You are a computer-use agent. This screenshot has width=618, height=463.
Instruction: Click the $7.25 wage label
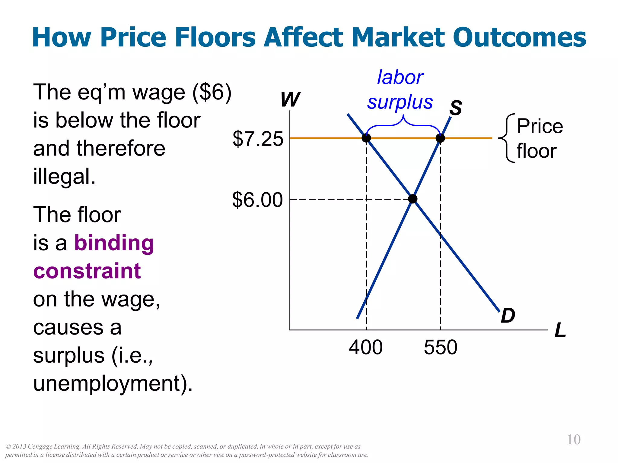pos(258,139)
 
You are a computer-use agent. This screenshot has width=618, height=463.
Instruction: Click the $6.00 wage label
pos(257,200)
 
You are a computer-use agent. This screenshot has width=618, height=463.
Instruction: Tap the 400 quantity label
pos(366,347)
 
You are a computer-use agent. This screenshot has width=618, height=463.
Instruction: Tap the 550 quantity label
pos(441,347)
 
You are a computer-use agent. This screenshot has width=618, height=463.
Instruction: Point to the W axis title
pos(290,99)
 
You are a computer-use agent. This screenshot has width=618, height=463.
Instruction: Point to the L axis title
pos(560,330)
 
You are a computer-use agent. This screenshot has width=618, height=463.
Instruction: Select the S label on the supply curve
pos(456,108)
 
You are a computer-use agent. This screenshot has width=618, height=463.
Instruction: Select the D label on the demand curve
pos(508,316)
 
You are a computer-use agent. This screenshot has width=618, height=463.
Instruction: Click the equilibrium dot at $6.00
pos(413,199)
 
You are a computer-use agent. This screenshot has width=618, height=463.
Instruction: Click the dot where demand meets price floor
pos(366,138)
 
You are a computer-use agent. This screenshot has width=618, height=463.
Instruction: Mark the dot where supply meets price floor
pos(440,138)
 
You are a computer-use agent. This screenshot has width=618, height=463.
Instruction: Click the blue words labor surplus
pos(400,90)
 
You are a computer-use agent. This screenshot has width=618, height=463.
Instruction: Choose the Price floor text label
pos(539,139)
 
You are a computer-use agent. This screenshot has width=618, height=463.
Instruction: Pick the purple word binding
pos(114,243)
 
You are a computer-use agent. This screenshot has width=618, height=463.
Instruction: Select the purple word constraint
pos(87,271)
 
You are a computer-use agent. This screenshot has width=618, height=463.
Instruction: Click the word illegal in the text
pos(64,177)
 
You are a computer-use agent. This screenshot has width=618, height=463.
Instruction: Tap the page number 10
pos(574,440)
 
